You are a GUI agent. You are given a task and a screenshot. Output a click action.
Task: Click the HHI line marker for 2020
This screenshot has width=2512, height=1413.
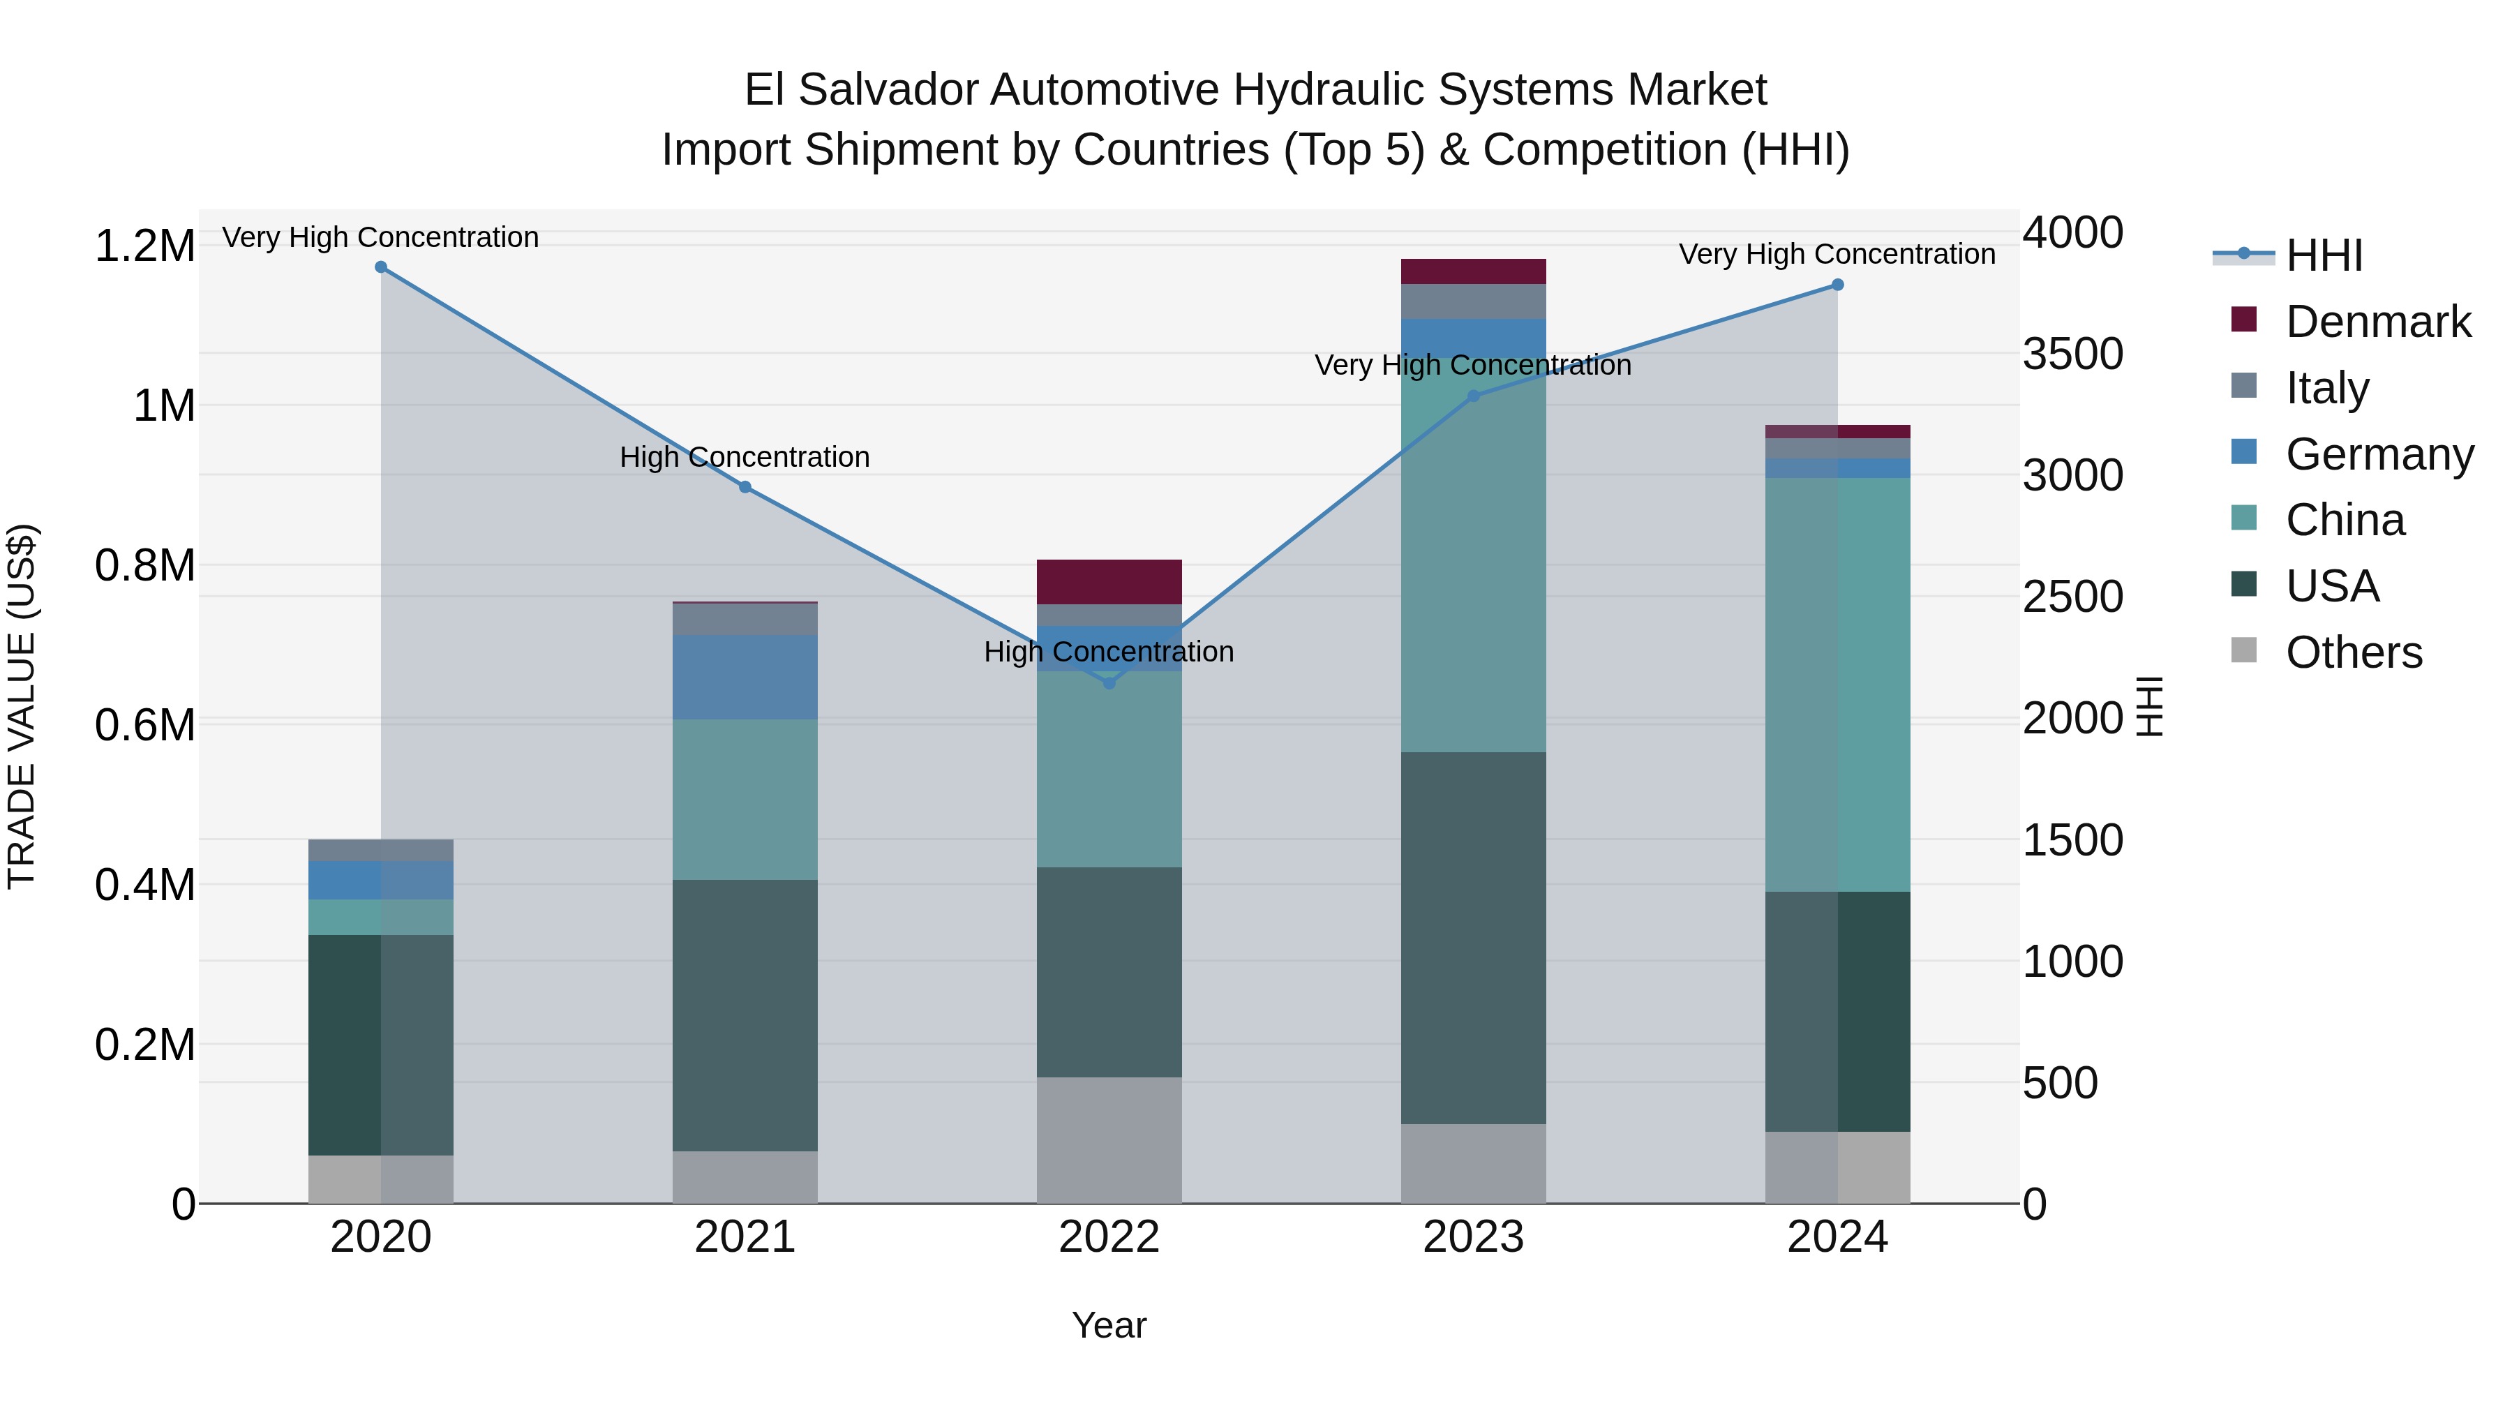coord(381,267)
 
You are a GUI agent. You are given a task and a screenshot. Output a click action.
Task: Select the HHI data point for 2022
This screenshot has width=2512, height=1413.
coord(1109,682)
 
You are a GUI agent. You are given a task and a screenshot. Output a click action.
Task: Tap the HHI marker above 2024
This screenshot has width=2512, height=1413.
coord(1837,285)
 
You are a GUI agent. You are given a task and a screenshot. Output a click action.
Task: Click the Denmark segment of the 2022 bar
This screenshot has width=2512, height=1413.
coord(1109,581)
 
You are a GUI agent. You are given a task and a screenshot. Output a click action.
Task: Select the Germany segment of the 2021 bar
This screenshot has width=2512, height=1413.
coord(745,677)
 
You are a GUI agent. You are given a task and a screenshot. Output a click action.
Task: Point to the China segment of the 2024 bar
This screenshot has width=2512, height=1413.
coord(1837,685)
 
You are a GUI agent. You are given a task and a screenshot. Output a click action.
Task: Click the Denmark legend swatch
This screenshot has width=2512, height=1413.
coord(2244,320)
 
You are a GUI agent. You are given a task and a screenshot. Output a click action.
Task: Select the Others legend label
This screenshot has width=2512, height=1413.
coord(2353,652)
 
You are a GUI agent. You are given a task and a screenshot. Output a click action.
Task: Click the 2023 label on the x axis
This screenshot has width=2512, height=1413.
coord(1474,1237)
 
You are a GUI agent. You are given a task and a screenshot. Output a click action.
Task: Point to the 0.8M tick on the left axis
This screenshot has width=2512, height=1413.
coord(144,566)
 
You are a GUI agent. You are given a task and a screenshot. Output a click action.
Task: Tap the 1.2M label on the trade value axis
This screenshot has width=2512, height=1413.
coord(144,246)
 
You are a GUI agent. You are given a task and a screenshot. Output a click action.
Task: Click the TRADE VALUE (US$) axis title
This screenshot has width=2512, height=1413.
coord(22,706)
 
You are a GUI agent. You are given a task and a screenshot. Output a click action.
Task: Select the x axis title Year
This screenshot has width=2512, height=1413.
coord(1109,1325)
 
